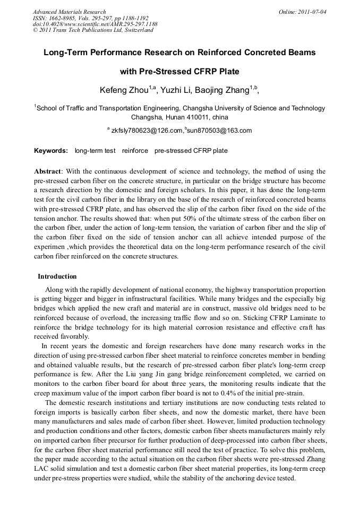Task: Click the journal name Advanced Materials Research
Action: (69, 12)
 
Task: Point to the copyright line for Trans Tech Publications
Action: (93, 30)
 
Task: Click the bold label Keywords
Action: (50, 151)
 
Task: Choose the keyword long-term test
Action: (95, 151)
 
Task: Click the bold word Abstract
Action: (47, 171)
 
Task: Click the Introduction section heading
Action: (57, 277)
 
